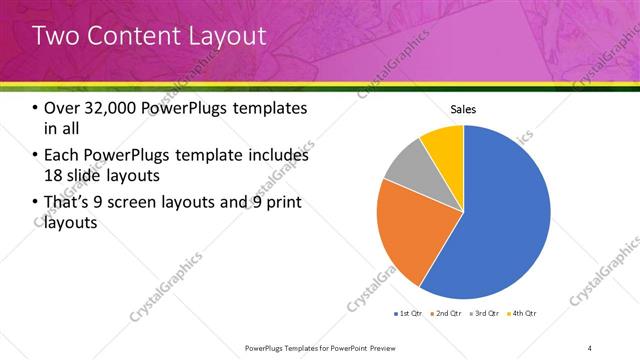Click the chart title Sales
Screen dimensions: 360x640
tap(463, 109)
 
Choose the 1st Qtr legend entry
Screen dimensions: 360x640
tap(407, 314)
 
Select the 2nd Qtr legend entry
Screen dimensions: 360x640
tap(446, 314)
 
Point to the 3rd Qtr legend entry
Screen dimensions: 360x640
tap(484, 314)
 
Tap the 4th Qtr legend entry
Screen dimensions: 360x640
tap(522, 314)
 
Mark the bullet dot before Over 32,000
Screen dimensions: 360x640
tap(36, 109)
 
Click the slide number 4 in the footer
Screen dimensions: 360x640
tap(590, 348)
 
